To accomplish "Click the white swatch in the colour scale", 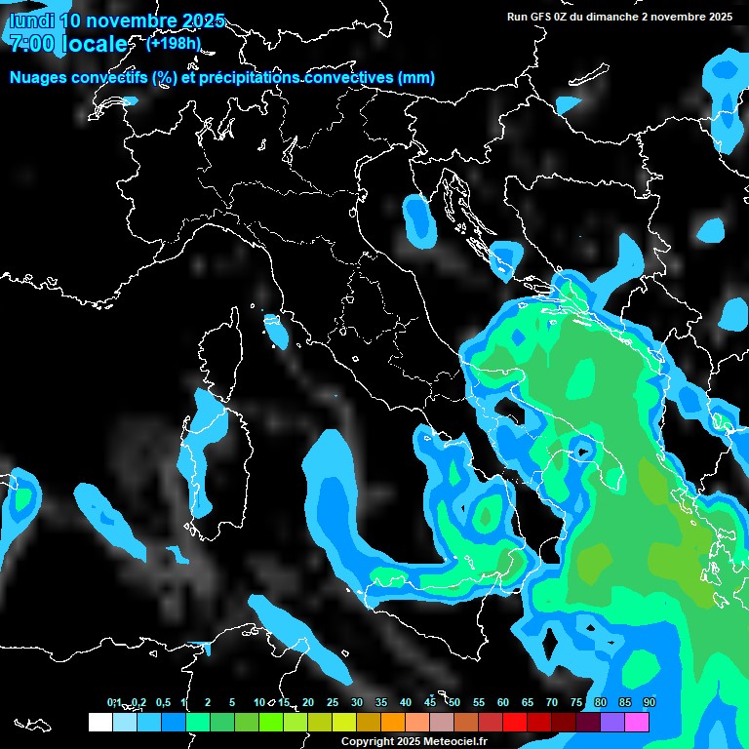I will tap(99, 722).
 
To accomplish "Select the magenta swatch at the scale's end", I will tap(637, 722).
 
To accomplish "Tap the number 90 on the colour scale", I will tap(650, 703).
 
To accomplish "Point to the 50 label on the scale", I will tap(454, 703).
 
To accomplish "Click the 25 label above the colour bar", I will tap(333, 703).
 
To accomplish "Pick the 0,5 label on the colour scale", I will tap(162, 703).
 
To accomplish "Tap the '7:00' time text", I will tap(31, 44).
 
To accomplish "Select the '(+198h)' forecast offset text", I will tap(174, 43).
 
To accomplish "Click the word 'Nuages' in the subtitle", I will tap(39, 78).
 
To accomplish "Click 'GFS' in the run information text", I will tap(540, 17).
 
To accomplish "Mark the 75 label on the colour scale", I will tap(576, 703).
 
